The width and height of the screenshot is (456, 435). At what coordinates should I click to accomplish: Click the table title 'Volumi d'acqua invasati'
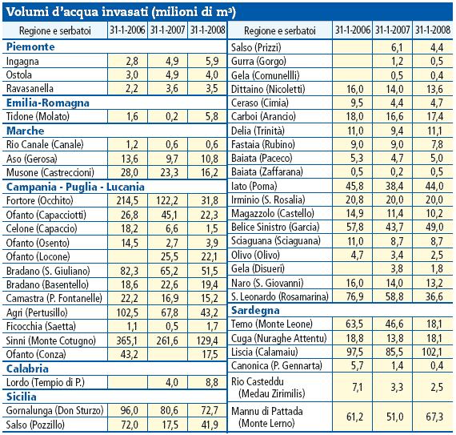tap(77, 12)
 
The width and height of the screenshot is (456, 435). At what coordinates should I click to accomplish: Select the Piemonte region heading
tap(30, 46)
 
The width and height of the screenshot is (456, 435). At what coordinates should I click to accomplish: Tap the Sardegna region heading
tap(255, 310)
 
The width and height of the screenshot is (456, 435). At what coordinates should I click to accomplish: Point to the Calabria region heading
tap(27, 369)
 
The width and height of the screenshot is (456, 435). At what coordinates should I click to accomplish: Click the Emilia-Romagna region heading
tap(48, 103)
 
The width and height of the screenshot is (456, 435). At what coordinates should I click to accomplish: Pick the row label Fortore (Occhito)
tap(39, 200)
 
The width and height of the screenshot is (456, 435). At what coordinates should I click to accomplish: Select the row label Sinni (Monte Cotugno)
tap(51, 340)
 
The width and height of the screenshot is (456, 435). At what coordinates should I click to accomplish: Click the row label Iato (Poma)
tap(254, 186)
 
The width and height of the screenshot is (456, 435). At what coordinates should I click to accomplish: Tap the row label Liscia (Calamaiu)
tap(264, 352)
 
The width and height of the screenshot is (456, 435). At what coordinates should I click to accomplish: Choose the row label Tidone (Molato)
tap(38, 116)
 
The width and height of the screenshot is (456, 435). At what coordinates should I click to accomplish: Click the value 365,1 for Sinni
tap(127, 340)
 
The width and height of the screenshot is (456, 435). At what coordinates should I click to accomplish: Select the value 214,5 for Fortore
tap(127, 200)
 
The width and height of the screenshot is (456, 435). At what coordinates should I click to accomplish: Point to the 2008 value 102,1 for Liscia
tap(432, 352)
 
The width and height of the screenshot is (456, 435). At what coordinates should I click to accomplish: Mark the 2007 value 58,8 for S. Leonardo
tap(394, 296)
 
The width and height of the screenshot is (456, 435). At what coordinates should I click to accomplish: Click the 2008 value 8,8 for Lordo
tap(212, 382)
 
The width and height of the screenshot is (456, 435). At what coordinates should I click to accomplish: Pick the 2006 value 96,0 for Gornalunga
tap(130, 410)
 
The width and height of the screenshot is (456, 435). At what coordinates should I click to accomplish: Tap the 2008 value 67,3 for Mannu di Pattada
tap(434, 417)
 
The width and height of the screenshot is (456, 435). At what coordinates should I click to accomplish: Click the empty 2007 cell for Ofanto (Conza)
tap(167, 354)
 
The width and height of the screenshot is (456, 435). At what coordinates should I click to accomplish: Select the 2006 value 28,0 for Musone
tap(130, 173)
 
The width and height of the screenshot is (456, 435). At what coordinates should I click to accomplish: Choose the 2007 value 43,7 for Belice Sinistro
tap(394, 227)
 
